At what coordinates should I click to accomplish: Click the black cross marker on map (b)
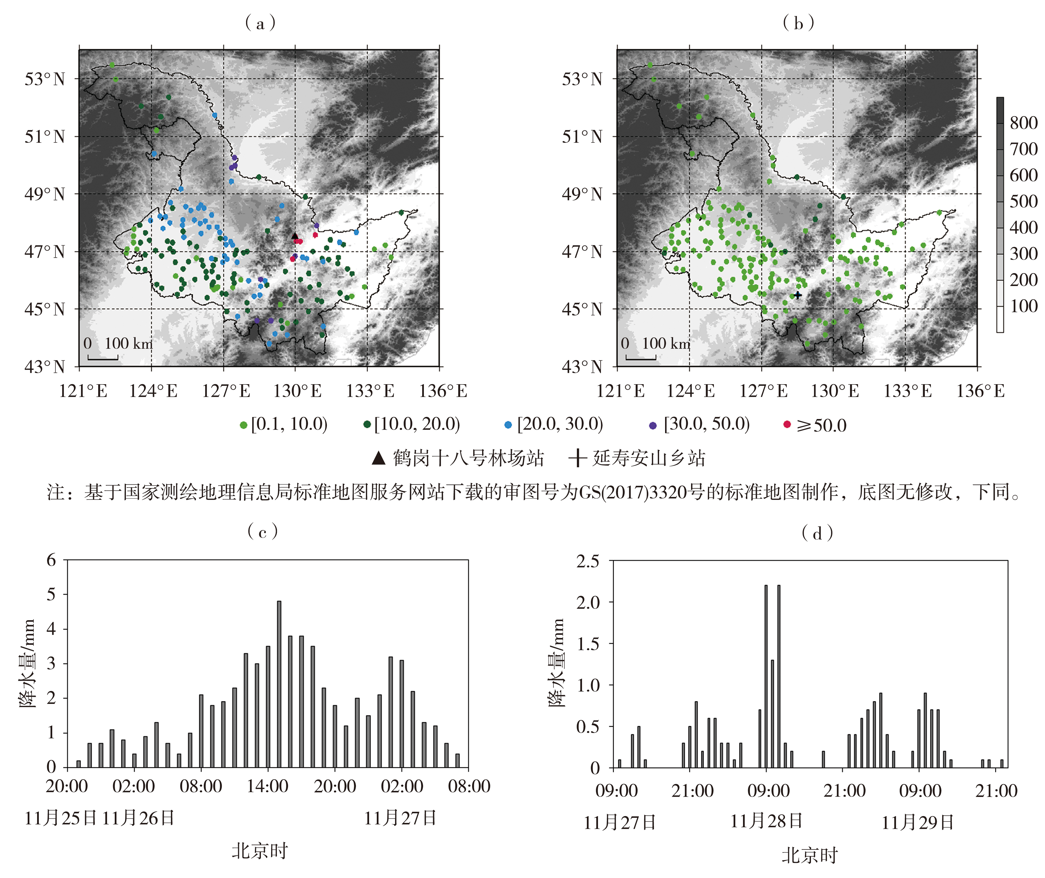[x=798, y=295]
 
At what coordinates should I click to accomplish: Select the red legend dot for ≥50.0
[x=787, y=424]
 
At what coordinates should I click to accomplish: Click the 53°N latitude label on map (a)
[x=45, y=79]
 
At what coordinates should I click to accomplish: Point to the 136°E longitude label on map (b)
[x=980, y=391]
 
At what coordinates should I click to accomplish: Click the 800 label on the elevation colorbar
[x=1024, y=123]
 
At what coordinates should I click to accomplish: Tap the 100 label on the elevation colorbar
[x=1024, y=306]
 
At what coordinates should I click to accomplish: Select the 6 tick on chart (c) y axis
[x=51, y=560]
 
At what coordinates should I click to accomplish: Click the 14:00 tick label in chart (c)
[x=268, y=786]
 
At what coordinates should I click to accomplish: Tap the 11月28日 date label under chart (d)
[x=766, y=821]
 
